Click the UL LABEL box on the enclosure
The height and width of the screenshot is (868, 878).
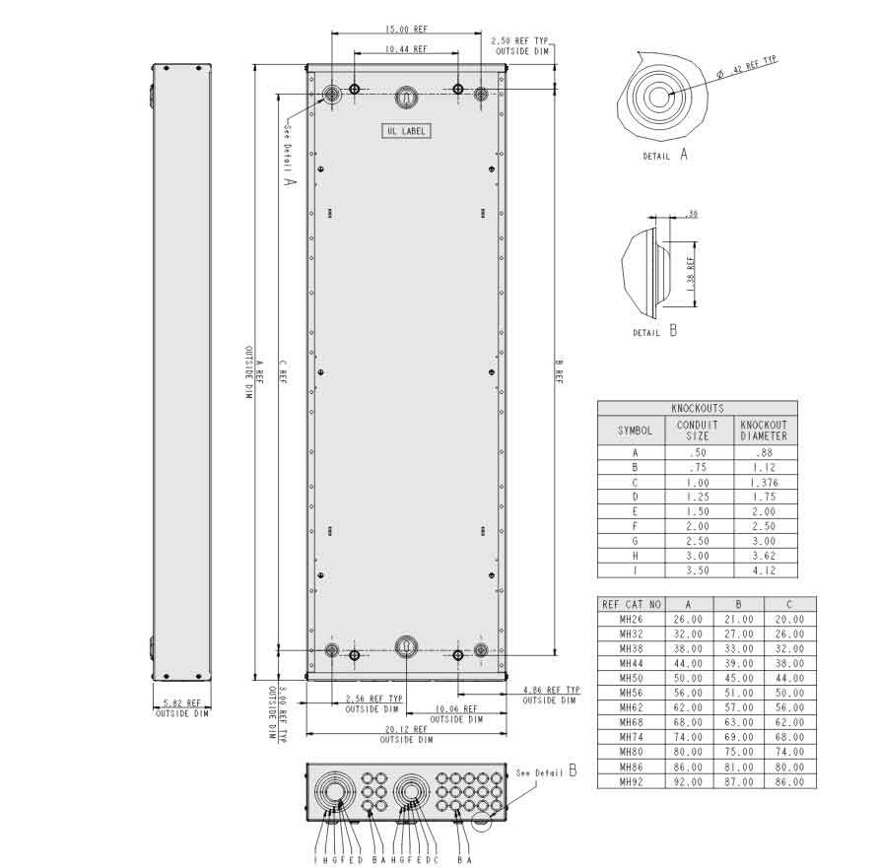(x=406, y=131)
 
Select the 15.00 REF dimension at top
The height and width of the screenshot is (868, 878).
(x=406, y=29)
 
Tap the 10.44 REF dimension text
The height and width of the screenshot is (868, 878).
(x=406, y=48)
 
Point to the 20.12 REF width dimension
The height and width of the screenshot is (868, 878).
(x=406, y=730)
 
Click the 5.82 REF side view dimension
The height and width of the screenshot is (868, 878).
(x=181, y=703)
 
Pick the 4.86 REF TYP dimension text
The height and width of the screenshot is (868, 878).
(x=551, y=691)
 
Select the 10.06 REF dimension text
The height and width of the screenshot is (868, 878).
(x=455, y=708)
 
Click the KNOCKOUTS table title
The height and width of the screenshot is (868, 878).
(x=697, y=408)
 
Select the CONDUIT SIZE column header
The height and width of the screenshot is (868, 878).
(x=697, y=431)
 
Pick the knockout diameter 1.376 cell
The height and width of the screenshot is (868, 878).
(x=764, y=483)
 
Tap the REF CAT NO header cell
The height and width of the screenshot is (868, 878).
(x=631, y=604)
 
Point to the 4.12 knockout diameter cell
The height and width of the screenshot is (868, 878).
(x=764, y=570)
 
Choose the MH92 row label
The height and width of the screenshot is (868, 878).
(x=631, y=781)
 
